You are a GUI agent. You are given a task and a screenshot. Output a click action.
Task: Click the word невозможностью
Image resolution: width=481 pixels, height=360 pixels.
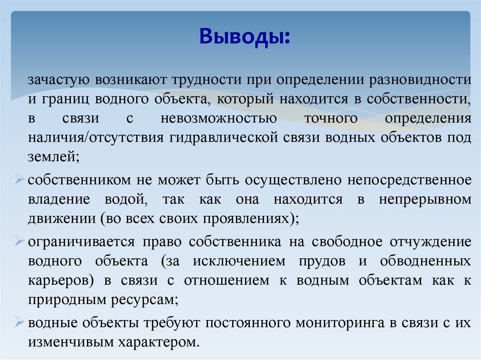218,119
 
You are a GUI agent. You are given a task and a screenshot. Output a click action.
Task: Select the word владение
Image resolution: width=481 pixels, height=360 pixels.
59,199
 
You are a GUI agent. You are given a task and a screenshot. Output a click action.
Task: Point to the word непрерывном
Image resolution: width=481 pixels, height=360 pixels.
425,199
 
